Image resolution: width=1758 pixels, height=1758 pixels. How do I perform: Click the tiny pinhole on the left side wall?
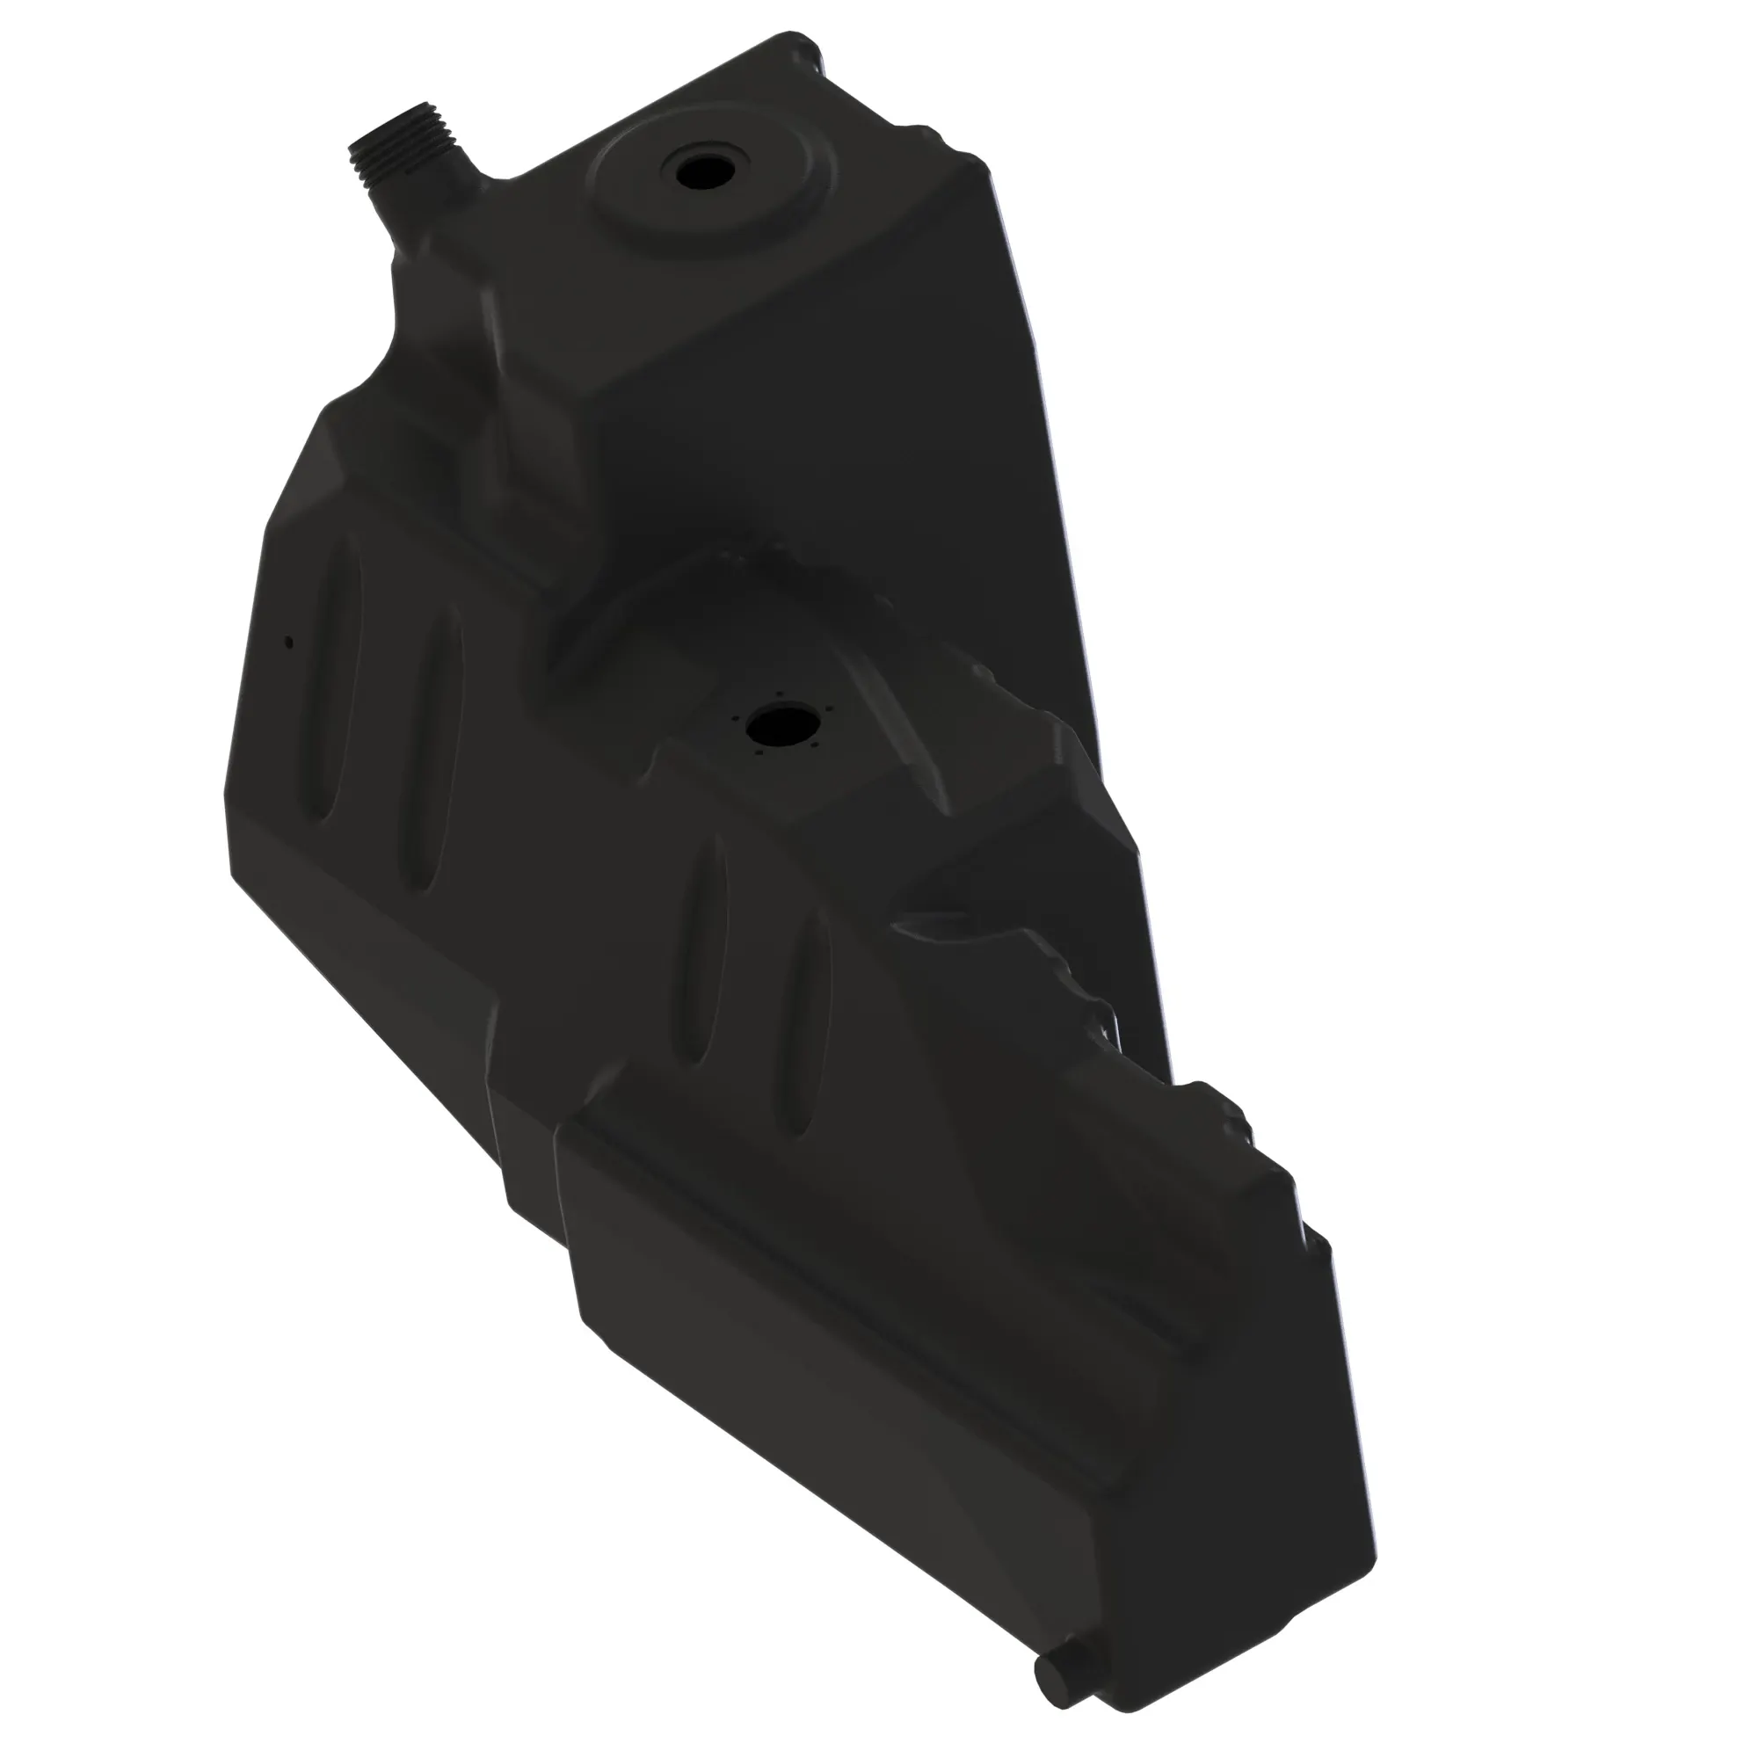289,643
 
